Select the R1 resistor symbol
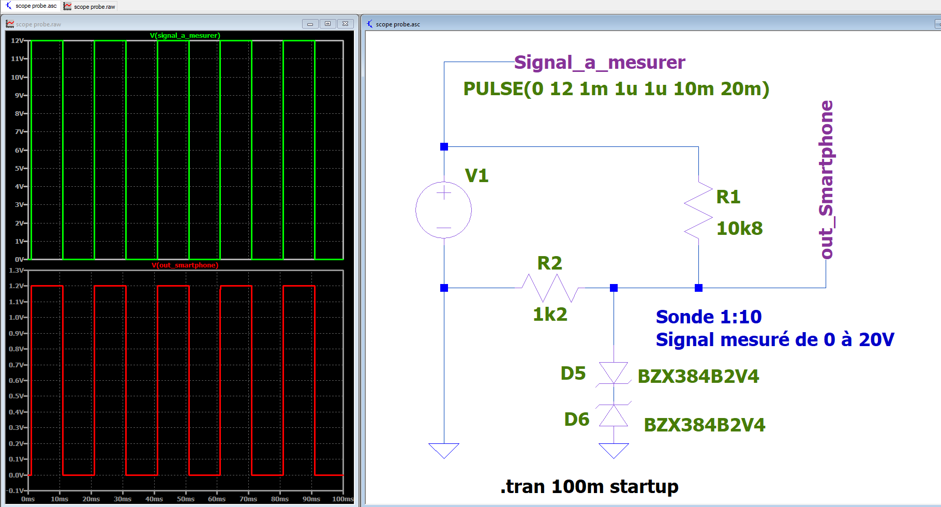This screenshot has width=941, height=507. [x=698, y=210]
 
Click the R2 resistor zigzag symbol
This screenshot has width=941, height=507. [x=550, y=288]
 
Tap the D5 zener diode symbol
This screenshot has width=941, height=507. [x=614, y=372]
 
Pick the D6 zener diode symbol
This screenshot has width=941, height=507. [x=614, y=415]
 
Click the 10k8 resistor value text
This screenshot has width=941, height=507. [x=739, y=228]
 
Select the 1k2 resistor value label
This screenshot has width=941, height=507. [x=550, y=314]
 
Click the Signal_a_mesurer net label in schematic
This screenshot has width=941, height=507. [x=600, y=63]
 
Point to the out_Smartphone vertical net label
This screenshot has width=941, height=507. [x=826, y=180]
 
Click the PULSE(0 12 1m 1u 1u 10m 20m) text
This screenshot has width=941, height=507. [x=616, y=89]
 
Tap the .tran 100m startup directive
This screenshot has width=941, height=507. [x=589, y=487]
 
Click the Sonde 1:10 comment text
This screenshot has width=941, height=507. [x=709, y=317]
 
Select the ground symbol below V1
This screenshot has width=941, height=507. [x=444, y=450]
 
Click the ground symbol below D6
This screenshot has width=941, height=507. [x=614, y=450]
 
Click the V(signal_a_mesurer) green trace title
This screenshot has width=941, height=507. [x=185, y=36]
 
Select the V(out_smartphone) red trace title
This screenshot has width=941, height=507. [x=185, y=265]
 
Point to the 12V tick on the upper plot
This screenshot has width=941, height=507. [x=17, y=40]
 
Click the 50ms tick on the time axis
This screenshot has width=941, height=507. [x=186, y=499]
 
